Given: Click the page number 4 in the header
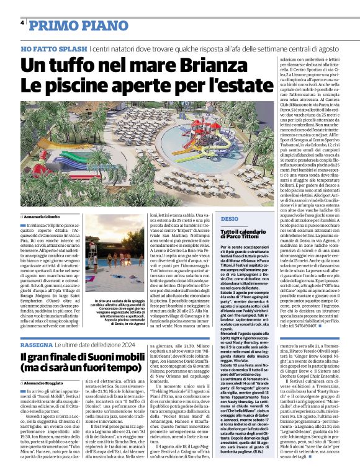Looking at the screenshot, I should click(22, 24).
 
